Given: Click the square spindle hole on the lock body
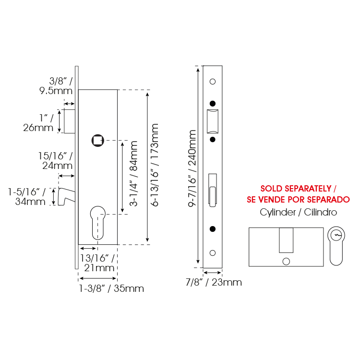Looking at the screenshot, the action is [98, 140].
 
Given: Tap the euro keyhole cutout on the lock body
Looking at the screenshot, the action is [98, 223].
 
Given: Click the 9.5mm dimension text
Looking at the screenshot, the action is [56, 91].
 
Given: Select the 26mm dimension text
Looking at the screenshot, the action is [38, 128].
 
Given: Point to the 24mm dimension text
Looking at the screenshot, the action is [58, 166].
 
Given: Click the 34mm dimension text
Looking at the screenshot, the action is [30, 202].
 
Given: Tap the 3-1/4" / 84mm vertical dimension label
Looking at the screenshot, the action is [133, 174].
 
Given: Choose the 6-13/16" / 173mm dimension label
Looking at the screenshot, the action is [155, 165].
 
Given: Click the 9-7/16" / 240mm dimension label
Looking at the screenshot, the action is [192, 168].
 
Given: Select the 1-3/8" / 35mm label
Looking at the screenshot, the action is [111, 288].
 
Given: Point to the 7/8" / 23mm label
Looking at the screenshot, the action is [214, 282].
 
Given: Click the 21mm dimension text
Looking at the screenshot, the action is [99, 268].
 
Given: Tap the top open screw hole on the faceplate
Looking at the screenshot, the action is [213, 82].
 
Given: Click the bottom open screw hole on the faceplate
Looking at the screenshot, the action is [213, 253].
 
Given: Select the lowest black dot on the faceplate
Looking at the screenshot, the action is [213, 229].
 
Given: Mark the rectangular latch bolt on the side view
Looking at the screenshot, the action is [70, 121].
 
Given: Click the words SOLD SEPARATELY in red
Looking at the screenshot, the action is [296, 189].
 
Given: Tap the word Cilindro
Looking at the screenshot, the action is [321, 212].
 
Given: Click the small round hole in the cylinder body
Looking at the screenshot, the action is [286, 261].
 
